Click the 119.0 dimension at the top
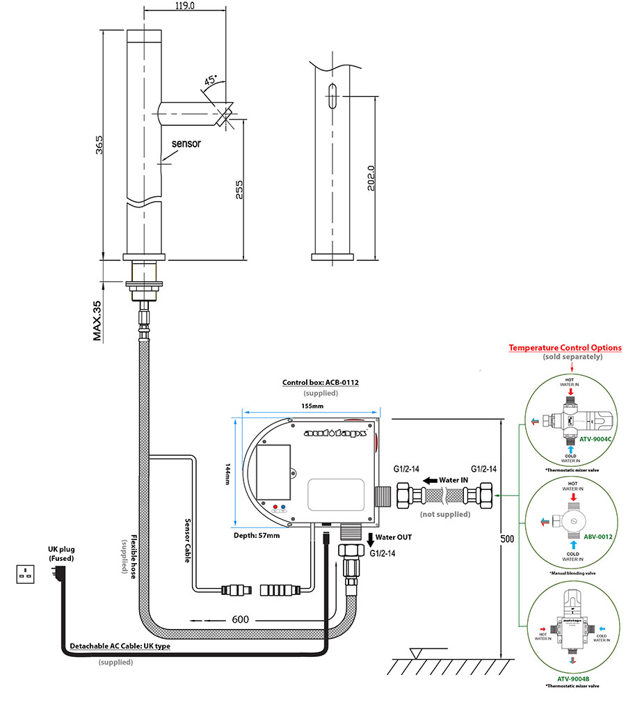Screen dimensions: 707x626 184,6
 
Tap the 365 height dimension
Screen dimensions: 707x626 99,145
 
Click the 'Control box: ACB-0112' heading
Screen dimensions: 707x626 320,382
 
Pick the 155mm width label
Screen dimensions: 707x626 312,406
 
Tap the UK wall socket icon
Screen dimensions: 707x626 27,574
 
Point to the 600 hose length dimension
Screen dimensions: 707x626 239,620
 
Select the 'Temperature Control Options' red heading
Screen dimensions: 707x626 565,347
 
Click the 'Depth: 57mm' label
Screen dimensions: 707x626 257,535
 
